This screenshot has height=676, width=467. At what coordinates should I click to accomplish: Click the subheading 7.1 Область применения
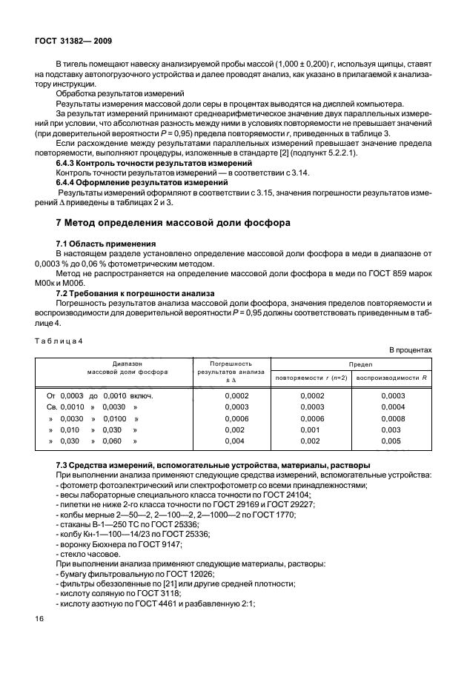click(x=106, y=244)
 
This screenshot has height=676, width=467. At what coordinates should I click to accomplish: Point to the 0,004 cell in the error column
click(x=231, y=441)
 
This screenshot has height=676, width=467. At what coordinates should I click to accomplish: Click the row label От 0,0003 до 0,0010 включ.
click(x=95, y=396)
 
